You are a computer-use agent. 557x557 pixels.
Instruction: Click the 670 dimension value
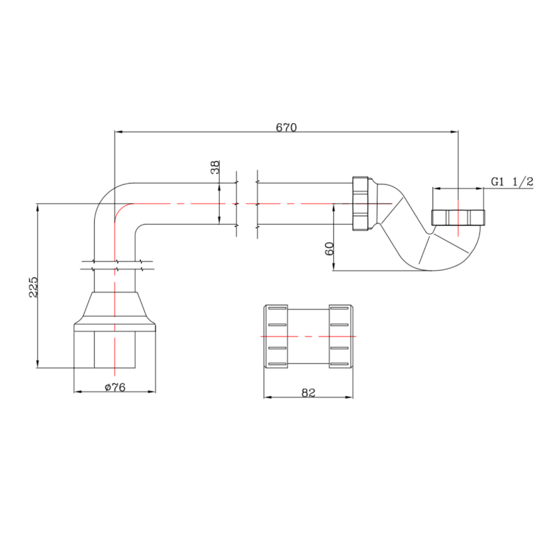click(287, 127)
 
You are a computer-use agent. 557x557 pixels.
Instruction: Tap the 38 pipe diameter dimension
click(215, 167)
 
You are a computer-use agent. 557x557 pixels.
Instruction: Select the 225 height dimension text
click(34, 287)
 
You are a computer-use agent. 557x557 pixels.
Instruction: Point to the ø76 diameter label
click(115, 387)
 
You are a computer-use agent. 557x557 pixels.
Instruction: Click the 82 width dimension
click(308, 393)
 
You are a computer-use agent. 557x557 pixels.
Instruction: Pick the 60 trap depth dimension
click(329, 249)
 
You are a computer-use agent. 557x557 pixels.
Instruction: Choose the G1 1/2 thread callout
click(512, 181)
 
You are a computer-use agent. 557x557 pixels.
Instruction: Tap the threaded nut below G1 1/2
click(458, 217)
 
